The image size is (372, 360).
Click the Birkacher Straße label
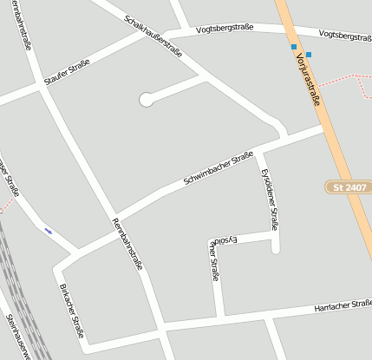(72, 311)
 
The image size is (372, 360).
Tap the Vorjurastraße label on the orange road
(308, 79)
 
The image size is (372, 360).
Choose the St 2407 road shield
(349, 187)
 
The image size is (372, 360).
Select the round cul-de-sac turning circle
(146, 100)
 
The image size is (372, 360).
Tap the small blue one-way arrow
(48, 231)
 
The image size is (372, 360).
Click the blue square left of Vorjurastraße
(294, 47)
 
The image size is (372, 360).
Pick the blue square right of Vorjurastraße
(309, 55)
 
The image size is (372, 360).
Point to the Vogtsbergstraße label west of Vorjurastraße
(225, 28)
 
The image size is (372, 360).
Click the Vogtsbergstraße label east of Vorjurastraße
(344, 36)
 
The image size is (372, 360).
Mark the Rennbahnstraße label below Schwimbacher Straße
(127, 244)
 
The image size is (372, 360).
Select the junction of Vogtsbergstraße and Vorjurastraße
(290, 31)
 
